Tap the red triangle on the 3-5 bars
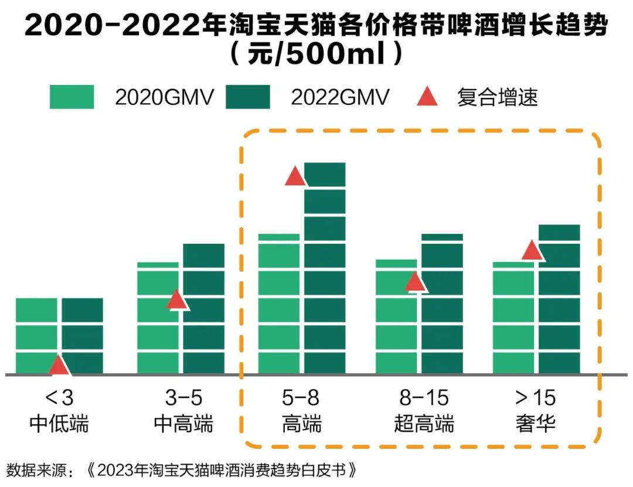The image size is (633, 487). point(176,300)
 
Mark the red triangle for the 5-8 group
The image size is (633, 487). point(295,176)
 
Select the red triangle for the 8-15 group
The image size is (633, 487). point(415,282)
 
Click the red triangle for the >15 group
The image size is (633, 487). point(532,250)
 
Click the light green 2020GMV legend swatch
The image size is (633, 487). point(72,97)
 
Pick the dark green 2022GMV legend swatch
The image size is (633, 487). point(247,97)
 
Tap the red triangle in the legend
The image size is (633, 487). point(427,97)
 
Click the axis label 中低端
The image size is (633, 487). point(59,423)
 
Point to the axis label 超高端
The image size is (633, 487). point(424,423)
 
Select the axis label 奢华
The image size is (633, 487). point(535,423)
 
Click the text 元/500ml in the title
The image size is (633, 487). point(316,56)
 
